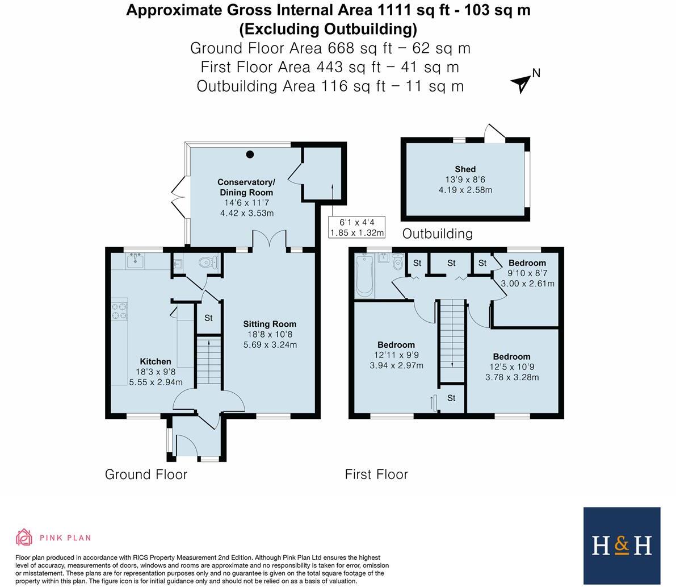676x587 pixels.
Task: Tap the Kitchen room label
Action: (x=156, y=361)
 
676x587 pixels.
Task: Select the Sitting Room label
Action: (x=270, y=324)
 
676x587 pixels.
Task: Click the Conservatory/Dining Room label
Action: (x=246, y=188)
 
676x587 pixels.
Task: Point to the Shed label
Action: (x=465, y=169)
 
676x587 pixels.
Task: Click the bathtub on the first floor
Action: (x=364, y=276)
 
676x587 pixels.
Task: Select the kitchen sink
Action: (x=136, y=261)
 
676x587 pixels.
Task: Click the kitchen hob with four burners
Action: (x=120, y=311)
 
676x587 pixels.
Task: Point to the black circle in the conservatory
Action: (x=250, y=155)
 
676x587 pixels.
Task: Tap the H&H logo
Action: (x=622, y=546)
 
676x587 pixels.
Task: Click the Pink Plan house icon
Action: (x=24, y=537)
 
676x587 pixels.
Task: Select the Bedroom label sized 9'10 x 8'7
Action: (x=527, y=263)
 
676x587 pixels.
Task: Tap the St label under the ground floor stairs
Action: (x=208, y=318)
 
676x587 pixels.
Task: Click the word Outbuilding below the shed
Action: (x=437, y=234)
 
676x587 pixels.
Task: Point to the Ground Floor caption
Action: (x=146, y=474)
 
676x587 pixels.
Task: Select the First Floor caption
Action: (x=376, y=474)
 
